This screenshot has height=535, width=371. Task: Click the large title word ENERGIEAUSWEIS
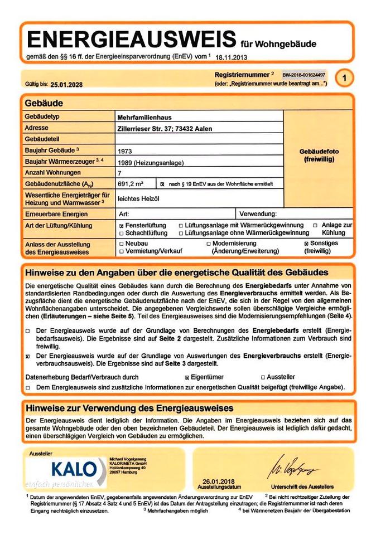pos(132,39)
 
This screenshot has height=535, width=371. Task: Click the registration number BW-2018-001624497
pos(304,74)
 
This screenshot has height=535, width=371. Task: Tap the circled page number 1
pos(345,79)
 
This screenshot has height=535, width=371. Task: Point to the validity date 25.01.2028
pos(66,85)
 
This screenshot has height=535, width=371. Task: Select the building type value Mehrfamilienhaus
pos(144,118)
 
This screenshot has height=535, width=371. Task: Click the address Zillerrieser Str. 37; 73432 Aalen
pos(165,129)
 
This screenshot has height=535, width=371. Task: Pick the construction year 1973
pos(126,150)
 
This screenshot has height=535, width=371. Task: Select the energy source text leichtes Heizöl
pos(138,198)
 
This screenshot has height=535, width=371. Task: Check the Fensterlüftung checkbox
pos(122,225)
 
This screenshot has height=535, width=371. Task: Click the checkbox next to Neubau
pos(122,244)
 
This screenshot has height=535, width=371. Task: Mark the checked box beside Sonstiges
pos(306,244)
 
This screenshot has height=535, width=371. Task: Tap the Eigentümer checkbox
pos(187,377)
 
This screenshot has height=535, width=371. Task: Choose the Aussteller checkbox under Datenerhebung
pos(263,377)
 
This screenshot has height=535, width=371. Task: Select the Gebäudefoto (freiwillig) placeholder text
pos(319,155)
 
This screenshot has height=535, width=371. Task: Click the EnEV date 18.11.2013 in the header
pos(231,57)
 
